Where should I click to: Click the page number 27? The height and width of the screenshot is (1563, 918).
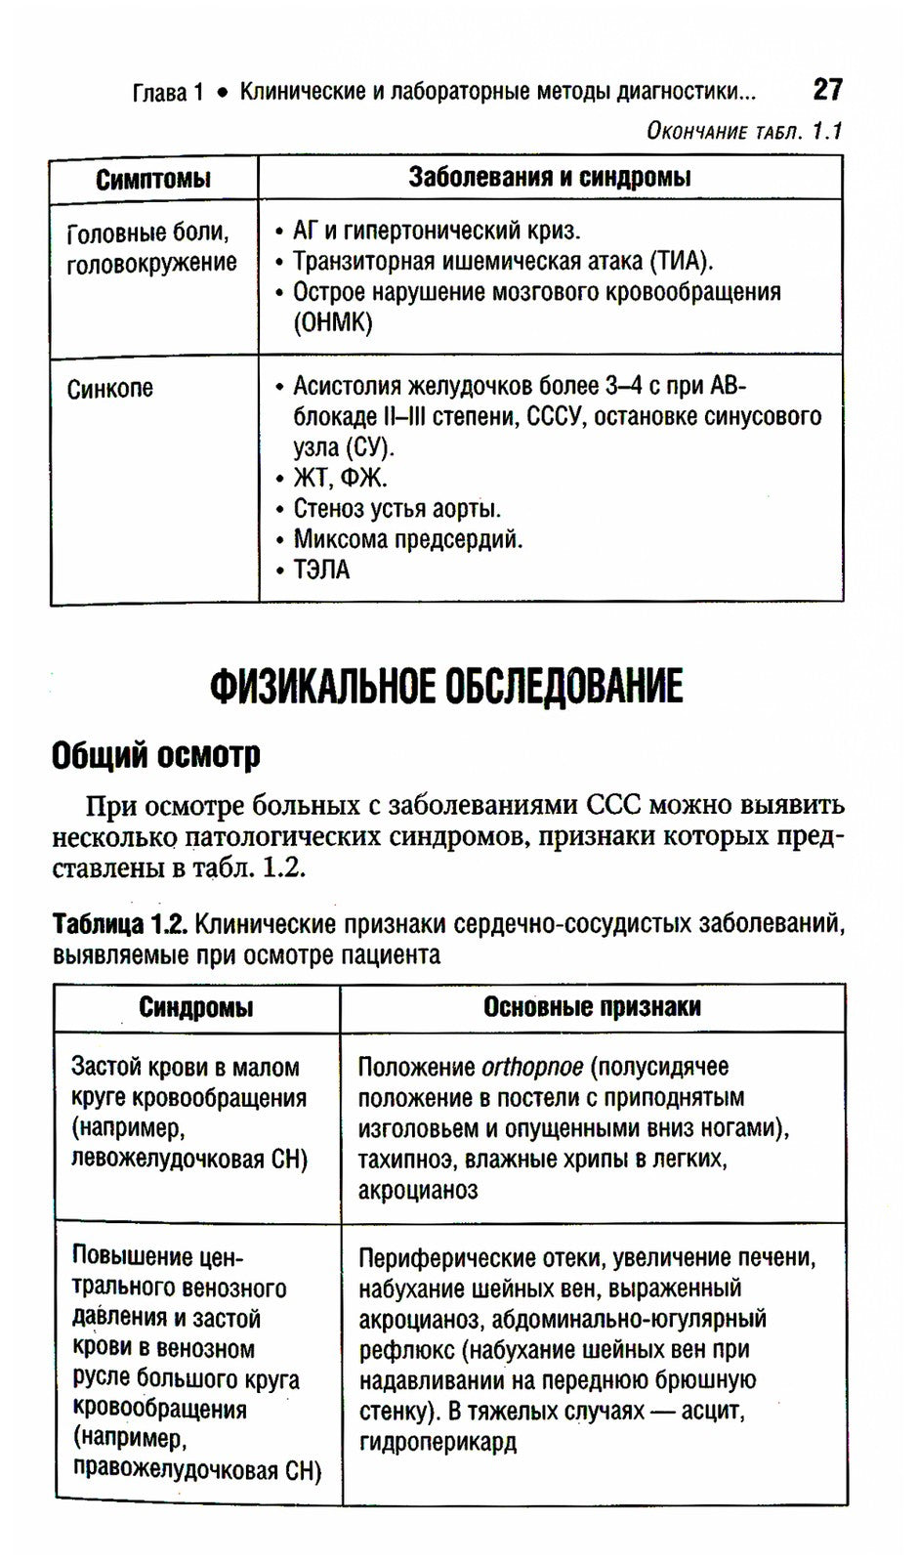(826, 90)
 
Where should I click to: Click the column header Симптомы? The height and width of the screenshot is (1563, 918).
(153, 179)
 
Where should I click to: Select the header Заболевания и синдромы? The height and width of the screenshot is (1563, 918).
(549, 177)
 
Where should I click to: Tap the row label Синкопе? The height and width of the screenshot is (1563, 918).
(109, 389)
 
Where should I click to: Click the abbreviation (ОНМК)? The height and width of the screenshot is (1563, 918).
(333, 323)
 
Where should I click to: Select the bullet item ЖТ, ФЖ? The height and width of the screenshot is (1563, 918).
(340, 478)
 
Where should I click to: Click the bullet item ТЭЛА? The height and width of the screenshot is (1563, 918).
(320, 570)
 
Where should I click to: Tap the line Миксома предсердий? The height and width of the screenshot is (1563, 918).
(407, 539)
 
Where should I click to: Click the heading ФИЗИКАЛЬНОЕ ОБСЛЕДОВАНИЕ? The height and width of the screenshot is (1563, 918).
(446, 687)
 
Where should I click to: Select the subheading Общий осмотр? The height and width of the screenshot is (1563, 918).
(156, 754)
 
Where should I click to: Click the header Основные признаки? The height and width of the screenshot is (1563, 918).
(592, 1007)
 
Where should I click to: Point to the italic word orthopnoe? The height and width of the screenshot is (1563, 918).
(531, 1067)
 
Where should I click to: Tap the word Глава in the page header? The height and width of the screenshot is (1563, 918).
(159, 93)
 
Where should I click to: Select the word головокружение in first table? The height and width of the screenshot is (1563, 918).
(151, 263)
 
